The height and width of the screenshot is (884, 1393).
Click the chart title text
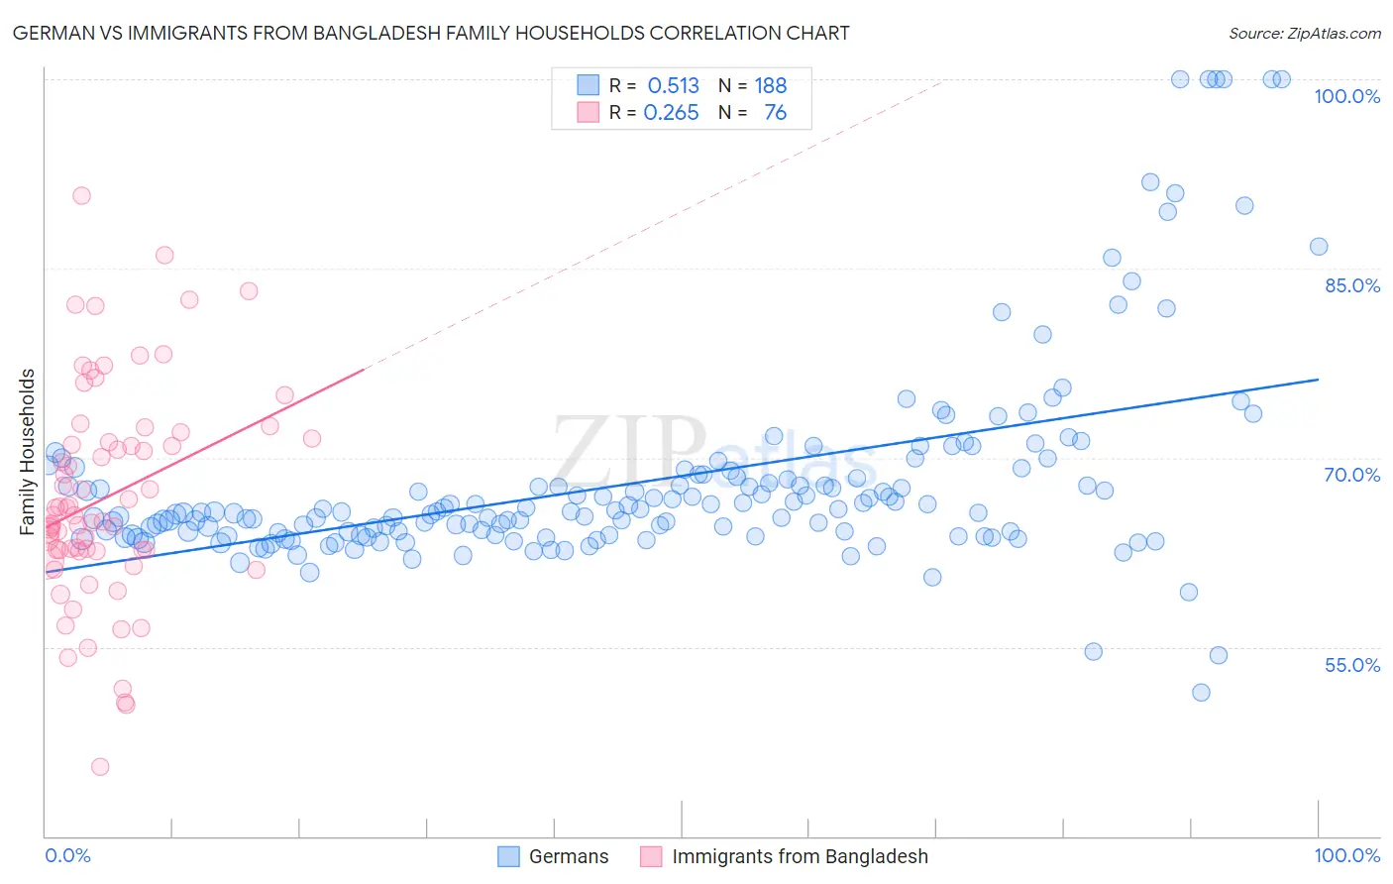pyautogui.click(x=431, y=33)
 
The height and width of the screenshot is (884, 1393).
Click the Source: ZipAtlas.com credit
pyautogui.click(x=1304, y=33)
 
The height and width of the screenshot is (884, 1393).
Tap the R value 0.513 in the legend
pyautogui.click(x=673, y=85)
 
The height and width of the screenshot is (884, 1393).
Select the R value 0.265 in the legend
pyautogui.click(x=671, y=113)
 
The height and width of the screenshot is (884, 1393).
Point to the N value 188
pyautogui.click(x=770, y=85)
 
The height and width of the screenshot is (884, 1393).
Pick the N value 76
pyautogui.click(x=775, y=113)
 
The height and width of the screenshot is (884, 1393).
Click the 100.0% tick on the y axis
pyautogui.click(x=1346, y=96)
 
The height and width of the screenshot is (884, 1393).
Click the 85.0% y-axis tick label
pyautogui.click(x=1351, y=285)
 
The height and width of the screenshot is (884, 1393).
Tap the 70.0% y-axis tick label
pyautogui.click(x=1351, y=475)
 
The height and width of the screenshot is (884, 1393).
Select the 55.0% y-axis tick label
pyautogui.click(x=1351, y=665)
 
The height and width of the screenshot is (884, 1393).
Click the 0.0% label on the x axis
pyautogui.click(x=67, y=855)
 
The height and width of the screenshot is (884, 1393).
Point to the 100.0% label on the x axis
pyautogui.click(x=1346, y=855)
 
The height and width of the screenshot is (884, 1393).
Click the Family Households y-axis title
pyautogui.click(x=28, y=452)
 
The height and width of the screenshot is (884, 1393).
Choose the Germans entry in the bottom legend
pyautogui.click(x=568, y=856)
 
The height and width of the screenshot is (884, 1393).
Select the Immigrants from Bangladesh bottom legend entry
pyautogui.click(x=799, y=856)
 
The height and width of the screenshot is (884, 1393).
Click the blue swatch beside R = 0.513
pyautogui.click(x=589, y=85)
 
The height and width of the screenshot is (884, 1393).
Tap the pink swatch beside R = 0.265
pyautogui.click(x=589, y=113)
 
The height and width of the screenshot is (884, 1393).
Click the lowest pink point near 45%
pyautogui.click(x=100, y=766)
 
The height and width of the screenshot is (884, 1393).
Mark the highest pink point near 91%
pyautogui.click(x=81, y=195)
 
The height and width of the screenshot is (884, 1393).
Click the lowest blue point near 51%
pyautogui.click(x=1201, y=693)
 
